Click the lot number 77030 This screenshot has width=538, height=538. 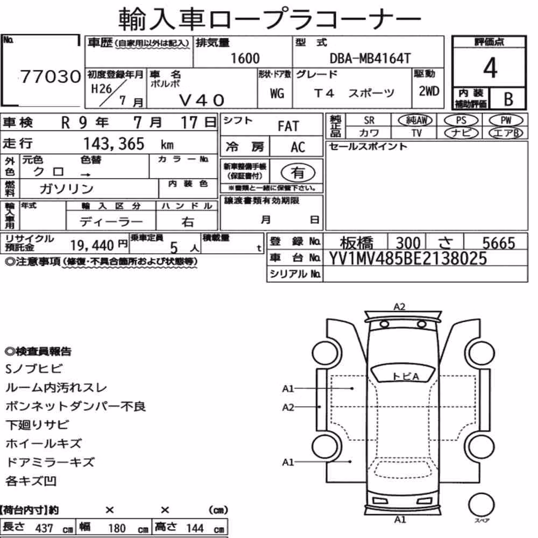click(x=51, y=76)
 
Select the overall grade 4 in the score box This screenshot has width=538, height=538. click(x=490, y=68)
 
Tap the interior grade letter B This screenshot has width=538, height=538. click(x=508, y=99)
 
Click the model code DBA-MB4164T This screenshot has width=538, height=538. click(x=370, y=58)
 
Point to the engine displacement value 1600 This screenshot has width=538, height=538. click(x=245, y=58)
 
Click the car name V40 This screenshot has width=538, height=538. click(x=202, y=100)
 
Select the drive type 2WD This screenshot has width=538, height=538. click(x=429, y=91)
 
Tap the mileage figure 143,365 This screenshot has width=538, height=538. click(x=114, y=144)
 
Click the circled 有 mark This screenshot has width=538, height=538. click(x=298, y=173)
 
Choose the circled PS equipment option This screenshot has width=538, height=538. click(x=461, y=121)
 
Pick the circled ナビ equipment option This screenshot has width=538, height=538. click(x=461, y=133)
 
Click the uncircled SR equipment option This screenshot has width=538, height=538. click(x=369, y=121)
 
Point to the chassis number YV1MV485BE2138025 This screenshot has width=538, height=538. click(x=408, y=258)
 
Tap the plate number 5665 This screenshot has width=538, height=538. click(x=499, y=243)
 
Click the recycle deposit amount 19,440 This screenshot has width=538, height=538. click(x=92, y=245)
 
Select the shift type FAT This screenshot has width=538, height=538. click(x=288, y=126)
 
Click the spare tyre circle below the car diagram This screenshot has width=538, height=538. click(x=481, y=505)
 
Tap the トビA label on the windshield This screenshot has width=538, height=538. click(x=406, y=377)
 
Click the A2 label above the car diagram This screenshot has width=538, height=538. click(x=399, y=307)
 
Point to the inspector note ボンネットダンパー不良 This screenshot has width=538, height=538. click(x=75, y=406)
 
